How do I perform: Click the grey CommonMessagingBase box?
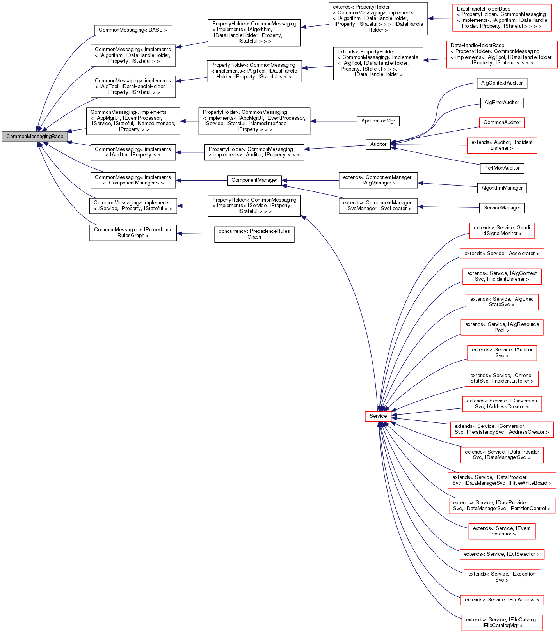click(x=34, y=137)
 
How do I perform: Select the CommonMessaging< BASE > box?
click(x=133, y=30)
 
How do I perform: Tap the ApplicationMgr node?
click(x=378, y=121)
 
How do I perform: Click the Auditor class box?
click(x=378, y=144)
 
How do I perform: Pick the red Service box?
click(x=378, y=416)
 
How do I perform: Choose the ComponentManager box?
click(x=254, y=180)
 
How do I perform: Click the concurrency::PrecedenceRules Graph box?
click(x=254, y=234)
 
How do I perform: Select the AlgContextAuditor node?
click(x=501, y=83)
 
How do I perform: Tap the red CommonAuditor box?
click(x=501, y=122)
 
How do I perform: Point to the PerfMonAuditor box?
click(x=501, y=168)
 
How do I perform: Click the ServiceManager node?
click(x=501, y=208)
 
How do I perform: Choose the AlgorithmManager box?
click(x=501, y=188)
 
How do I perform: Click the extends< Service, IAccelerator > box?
click(x=501, y=254)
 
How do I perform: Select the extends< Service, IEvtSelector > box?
click(x=501, y=554)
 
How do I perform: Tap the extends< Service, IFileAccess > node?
click(x=501, y=600)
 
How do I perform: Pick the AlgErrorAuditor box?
click(x=501, y=103)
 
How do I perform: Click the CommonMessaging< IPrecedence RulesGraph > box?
click(x=133, y=233)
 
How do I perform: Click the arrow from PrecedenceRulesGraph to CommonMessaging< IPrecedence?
click(x=196, y=234)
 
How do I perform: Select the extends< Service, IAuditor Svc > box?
click(x=501, y=353)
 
